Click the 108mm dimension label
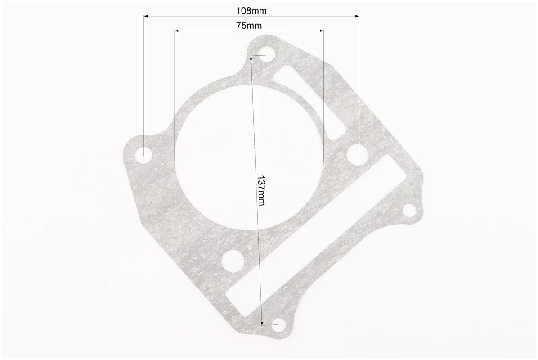pyautogui.click(x=251, y=11)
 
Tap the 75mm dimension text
pyautogui.click(x=249, y=25)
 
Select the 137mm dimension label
pyautogui.click(x=261, y=190)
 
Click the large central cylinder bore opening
pyautogui.click(x=249, y=157)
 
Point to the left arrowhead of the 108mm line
pyautogui.click(x=146, y=16)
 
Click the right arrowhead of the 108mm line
pyautogui.click(x=357, y=16)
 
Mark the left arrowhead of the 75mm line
pyautogui.click(x=177, y=31)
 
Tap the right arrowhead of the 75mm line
pyautogui.click(x=322, y=31)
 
